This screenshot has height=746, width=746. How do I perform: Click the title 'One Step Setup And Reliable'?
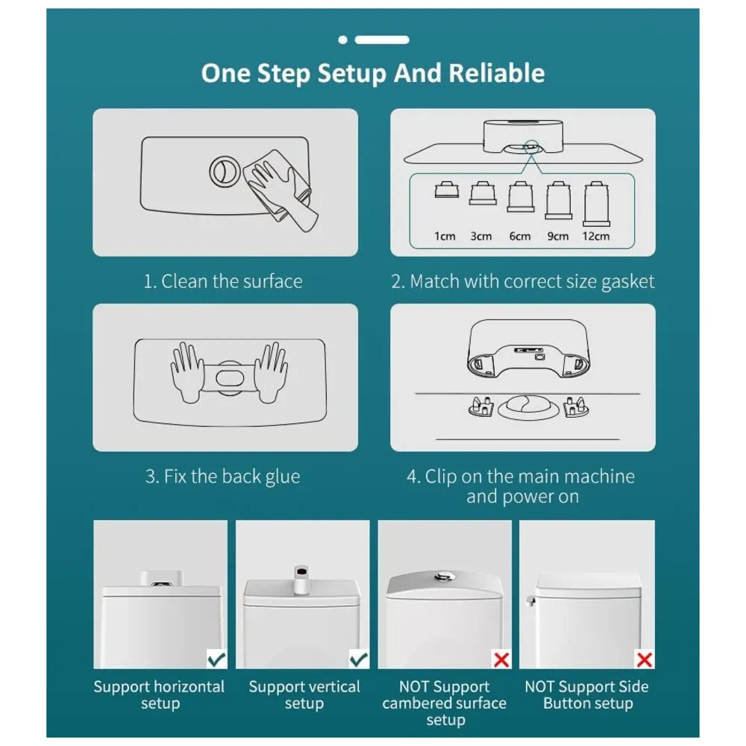pyautogui.click(x=372, y=73)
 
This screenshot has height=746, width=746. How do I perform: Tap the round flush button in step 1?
pyautogui.click(x=222, y=171)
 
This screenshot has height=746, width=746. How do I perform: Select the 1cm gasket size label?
pyautogui.click(x=445, y=236)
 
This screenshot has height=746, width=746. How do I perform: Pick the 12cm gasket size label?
pyautogui.click(x=595, y=236)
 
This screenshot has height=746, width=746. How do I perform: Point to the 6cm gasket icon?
pyautogui.click(x=518, y=200)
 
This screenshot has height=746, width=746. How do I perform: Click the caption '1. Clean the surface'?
pyautogui.click(x=223, y=281)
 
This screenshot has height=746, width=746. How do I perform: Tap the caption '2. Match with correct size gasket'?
pyautogui.click(x=522, y=281)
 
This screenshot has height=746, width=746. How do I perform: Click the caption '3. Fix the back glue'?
pyautogui.click(x=222, y=477)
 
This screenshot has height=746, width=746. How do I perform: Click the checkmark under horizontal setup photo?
pyautogui.click(x=216, y=659)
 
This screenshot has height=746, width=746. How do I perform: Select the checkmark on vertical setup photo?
pyautogui.click(x=359, y=659)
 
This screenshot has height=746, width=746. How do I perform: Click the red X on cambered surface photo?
pyautogui.click(x=501, y=659)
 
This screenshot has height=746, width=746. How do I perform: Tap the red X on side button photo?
pyautogui.click(x=643, y=659)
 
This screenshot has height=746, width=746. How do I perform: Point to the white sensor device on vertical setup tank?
pyautogui.click(x=302, y=578)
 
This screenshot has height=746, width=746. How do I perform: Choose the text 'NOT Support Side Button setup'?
pyautogui.click(x=586, y=695)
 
